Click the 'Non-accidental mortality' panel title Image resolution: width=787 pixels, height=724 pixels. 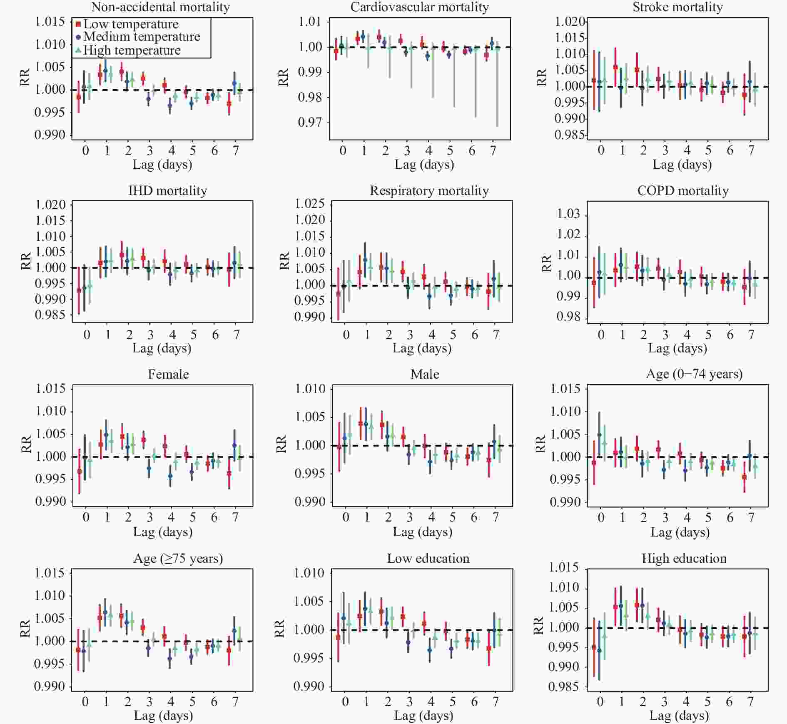click(x=160, y=7)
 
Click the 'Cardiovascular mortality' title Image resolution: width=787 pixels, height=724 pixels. click(x=419, y=7)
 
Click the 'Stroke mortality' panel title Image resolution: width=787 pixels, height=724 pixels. click(x=677, y=7)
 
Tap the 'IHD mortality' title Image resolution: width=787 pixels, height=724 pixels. click(x=167, y=191)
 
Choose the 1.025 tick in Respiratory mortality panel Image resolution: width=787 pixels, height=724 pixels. click(x=310, y=204)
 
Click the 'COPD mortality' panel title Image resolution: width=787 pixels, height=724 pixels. click(x=683, y=191)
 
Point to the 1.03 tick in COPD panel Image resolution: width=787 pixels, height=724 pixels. click(x=568, y=214)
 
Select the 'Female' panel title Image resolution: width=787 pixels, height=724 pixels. click(x=168, y=374)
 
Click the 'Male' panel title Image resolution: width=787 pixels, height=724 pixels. click(x=425, y=374)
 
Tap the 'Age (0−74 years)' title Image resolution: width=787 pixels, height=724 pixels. click(x=694, y=374)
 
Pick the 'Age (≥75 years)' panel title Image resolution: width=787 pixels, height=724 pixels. click(x=178, y=559)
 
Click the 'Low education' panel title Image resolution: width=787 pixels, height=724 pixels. click(x=428, y=559)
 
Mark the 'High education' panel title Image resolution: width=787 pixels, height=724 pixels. click(x=684, y=559)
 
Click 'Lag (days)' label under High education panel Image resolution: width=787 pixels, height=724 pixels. click(x=679, y=716)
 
